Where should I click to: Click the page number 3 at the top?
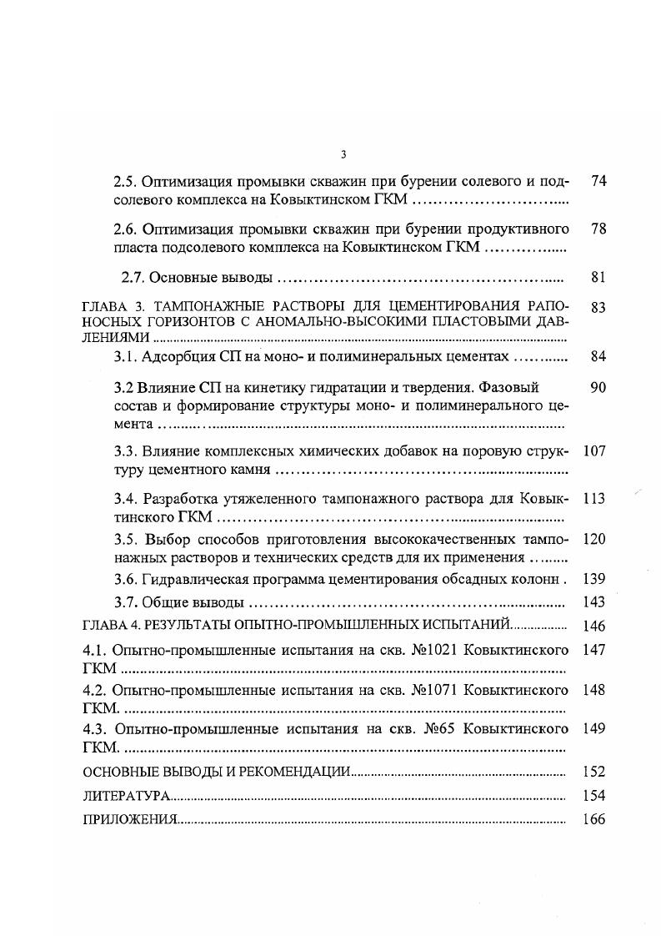[x=343, y=153]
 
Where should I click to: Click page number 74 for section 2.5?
[x=598, y=181]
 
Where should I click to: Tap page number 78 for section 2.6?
[x=598, y=229]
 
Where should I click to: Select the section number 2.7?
[x=133, y=278]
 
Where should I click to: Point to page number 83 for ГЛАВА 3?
[x=598, y=308]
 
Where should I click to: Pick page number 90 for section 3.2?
[x=598, y=388]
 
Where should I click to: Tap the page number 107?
[x=594, y=451]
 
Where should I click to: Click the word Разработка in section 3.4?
[x=181, y=500]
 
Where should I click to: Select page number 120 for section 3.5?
[x=594, y=540]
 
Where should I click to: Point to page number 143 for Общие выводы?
[x=594, y=602]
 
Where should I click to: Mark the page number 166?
[x=594, y=819]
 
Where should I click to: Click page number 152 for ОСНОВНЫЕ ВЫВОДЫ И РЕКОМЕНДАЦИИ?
[x=594, y=772]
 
